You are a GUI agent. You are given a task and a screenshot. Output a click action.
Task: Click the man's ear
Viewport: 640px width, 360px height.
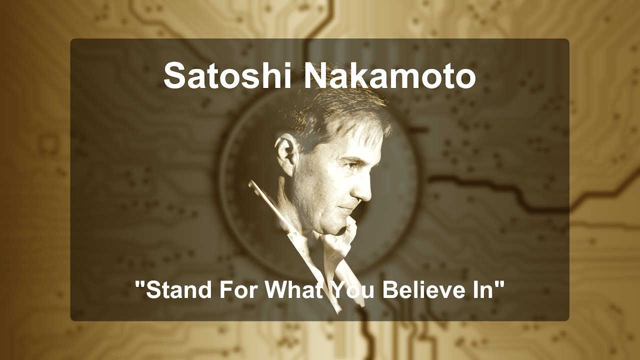point(286,153)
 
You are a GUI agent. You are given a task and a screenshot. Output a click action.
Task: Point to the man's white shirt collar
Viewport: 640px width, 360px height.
point(340,250)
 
